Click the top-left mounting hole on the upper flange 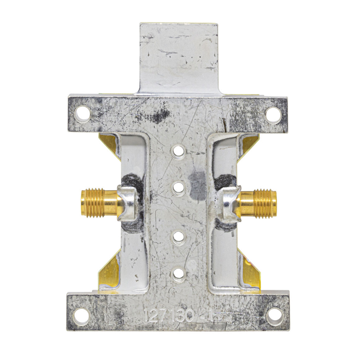(x=83, y=114)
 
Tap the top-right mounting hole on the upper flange (x=273, y=114)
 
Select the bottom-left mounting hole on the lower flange (x=82, y=316)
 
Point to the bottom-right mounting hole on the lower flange (x=274, y=316)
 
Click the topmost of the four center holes (x=179, y=151)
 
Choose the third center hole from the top (x=179, y=237)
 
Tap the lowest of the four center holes (x=179, y=273)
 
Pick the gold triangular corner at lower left (x=110, y=271)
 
